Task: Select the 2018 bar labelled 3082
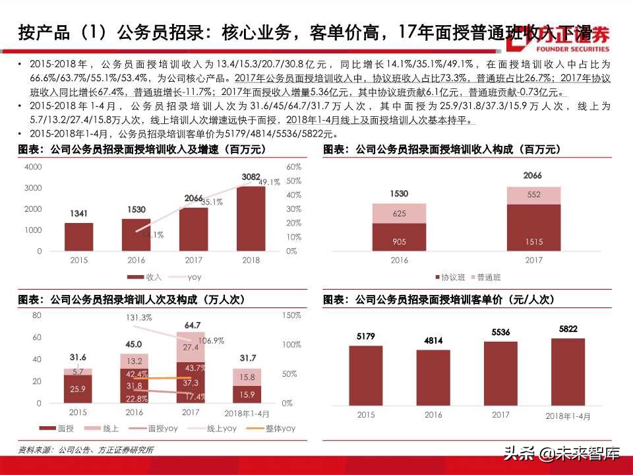click(x=251, y=218)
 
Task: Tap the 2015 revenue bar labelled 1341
click(x=78, y=237)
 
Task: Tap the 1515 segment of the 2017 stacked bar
click(x=534, y=228)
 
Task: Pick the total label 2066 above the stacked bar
click(x=533, y=175)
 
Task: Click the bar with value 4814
click(x=433, y=376)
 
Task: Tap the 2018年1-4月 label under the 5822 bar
click(x=568, y=416)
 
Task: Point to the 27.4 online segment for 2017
click(x=191, y=347)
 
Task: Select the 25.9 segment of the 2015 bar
click(x=78, y=389)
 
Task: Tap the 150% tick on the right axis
click(x=291, y=315)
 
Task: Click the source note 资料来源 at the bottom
click(x=86, y=450)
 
